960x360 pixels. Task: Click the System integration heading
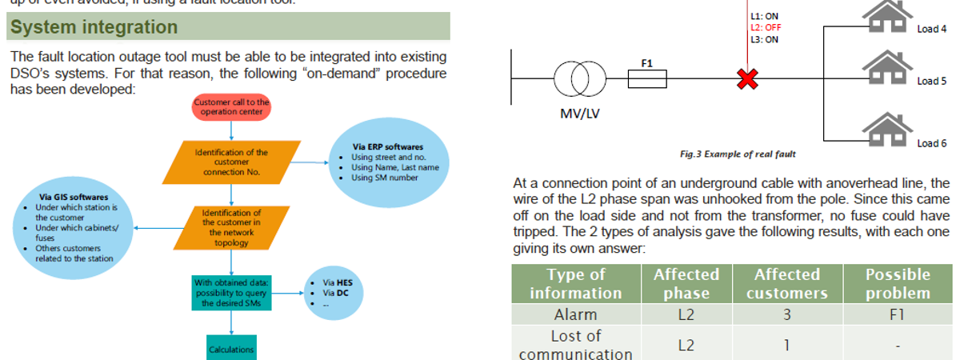point(94,27)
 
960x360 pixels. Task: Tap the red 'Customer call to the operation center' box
point(231,107)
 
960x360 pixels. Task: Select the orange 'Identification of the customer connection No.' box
point(230,162)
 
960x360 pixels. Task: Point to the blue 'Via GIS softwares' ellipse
point(74,227)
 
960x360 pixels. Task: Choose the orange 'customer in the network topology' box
point(230,228)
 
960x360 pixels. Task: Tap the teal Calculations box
point(231,348)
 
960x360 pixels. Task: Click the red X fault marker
point(747,78)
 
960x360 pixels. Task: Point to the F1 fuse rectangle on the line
point(647,78)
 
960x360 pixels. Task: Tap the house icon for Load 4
point(884,18)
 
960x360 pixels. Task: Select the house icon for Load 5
point(884,69)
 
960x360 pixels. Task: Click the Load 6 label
point(932,143)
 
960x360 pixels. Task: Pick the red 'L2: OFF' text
point(766,27)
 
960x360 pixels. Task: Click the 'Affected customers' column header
point(786,283)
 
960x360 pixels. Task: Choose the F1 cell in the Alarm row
point(898,314)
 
